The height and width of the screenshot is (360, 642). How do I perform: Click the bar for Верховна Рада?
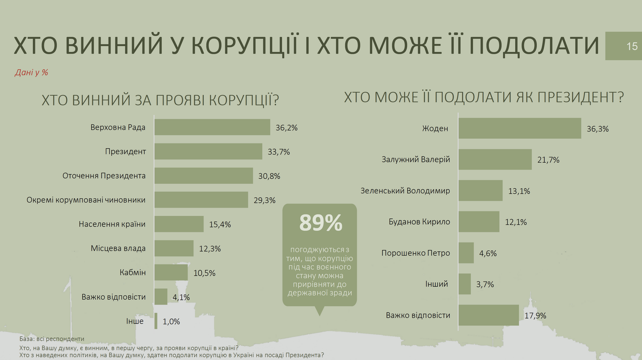[x=212, y=127]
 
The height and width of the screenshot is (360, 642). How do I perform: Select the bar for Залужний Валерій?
[x=495, y=159]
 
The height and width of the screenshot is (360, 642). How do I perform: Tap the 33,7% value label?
[x=279, y=152]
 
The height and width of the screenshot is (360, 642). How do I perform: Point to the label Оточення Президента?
[x=104, y=176]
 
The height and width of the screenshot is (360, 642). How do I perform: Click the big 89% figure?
[x=320, y=223]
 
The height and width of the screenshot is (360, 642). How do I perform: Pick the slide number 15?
[x=632, y=46]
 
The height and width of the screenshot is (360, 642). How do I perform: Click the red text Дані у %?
[x=31, y=73]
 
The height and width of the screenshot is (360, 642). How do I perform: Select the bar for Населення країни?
[x=179, y=224]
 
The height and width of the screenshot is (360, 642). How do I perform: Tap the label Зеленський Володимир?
[x=405, y=191]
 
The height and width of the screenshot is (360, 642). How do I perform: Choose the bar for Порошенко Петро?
[x=466, y=253]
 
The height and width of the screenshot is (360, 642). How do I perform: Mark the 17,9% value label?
[x=535, y=316]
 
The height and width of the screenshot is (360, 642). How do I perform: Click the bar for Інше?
[x=156, y=321]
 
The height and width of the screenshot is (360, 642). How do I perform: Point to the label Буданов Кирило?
[x=419, y=222]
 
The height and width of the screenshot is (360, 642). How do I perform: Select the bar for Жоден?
[x=520, y=128]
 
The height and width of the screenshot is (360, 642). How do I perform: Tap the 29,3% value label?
[x=264, y=200]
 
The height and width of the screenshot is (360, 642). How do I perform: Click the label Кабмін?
[x=133, y=272]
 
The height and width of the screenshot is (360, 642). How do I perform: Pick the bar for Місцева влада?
[x=174, y=248]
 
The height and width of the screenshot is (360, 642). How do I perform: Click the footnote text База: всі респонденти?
[x=52, y=339]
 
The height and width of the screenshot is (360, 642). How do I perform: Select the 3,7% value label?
[x=485, y=284]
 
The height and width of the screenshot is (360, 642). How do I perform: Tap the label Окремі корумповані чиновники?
[x=86, y=200]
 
